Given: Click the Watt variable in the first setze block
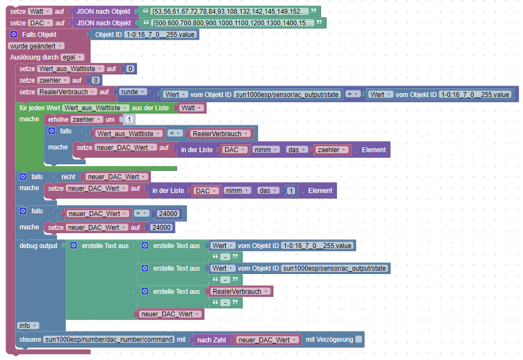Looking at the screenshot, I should (x=40, y=11).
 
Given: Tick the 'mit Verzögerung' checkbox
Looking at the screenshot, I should (x=359, y=340).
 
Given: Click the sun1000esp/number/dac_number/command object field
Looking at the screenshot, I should (x=109, y=340).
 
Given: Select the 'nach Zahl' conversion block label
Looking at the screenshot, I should (x=210, y=340).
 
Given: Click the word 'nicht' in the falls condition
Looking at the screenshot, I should (x=68, y=176).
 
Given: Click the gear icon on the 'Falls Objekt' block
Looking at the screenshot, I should (x=14, y=34).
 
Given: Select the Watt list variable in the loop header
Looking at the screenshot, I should (x=191, y=108).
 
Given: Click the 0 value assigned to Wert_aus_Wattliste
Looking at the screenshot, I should (x=130, y=69).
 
